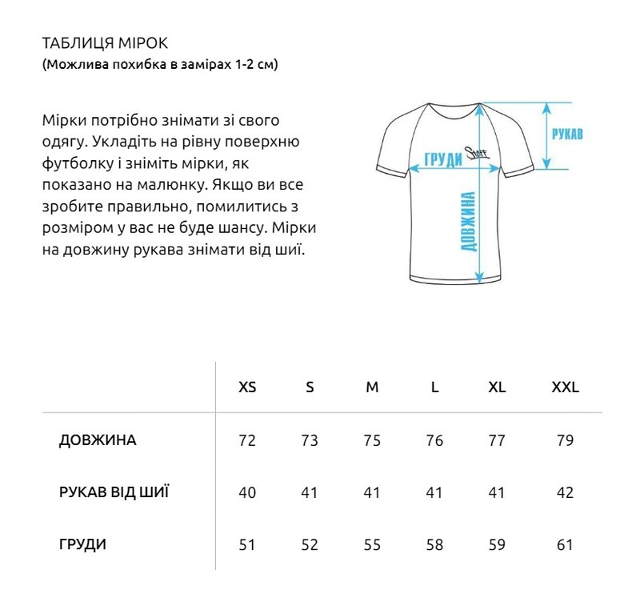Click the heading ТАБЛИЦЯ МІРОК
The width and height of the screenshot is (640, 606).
pos(104,42)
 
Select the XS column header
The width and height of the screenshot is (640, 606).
pos(248,387)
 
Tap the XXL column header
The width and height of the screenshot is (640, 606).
pos(565,387)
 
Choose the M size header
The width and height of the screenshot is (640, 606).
pos(372,387)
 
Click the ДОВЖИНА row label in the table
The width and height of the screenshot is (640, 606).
pos(98,440)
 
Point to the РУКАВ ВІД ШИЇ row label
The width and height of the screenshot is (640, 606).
pos(114,492)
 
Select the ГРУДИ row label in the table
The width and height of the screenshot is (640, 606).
pos(82,545)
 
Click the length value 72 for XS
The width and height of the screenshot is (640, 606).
pos(247,441)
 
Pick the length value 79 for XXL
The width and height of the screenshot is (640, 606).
pos(565,441)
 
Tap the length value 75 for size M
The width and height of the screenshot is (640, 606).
pos(372,441)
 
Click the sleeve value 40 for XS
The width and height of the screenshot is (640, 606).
pos(247,492)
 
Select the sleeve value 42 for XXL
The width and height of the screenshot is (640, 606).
pos(565,492)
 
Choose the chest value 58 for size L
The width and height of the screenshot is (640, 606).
pos(434,545)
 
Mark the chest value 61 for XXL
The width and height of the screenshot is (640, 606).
pos(565,545)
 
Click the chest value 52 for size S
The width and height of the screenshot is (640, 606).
pos(310,545)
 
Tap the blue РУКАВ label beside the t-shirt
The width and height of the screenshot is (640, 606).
pos(567,134)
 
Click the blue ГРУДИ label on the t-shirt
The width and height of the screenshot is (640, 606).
pos(444,159)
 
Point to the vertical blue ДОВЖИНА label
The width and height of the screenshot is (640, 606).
pos(470,222)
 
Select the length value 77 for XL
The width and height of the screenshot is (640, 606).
pos(497,441)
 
